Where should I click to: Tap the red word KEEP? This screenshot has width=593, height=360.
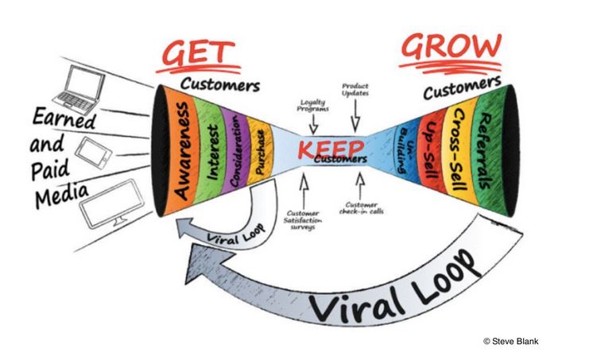tap(331, 149)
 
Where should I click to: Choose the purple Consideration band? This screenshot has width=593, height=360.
tap(235, 151)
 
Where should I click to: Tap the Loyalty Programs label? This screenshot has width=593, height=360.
tap(312, 106)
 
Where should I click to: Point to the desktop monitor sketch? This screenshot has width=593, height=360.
tap(112, 201)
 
